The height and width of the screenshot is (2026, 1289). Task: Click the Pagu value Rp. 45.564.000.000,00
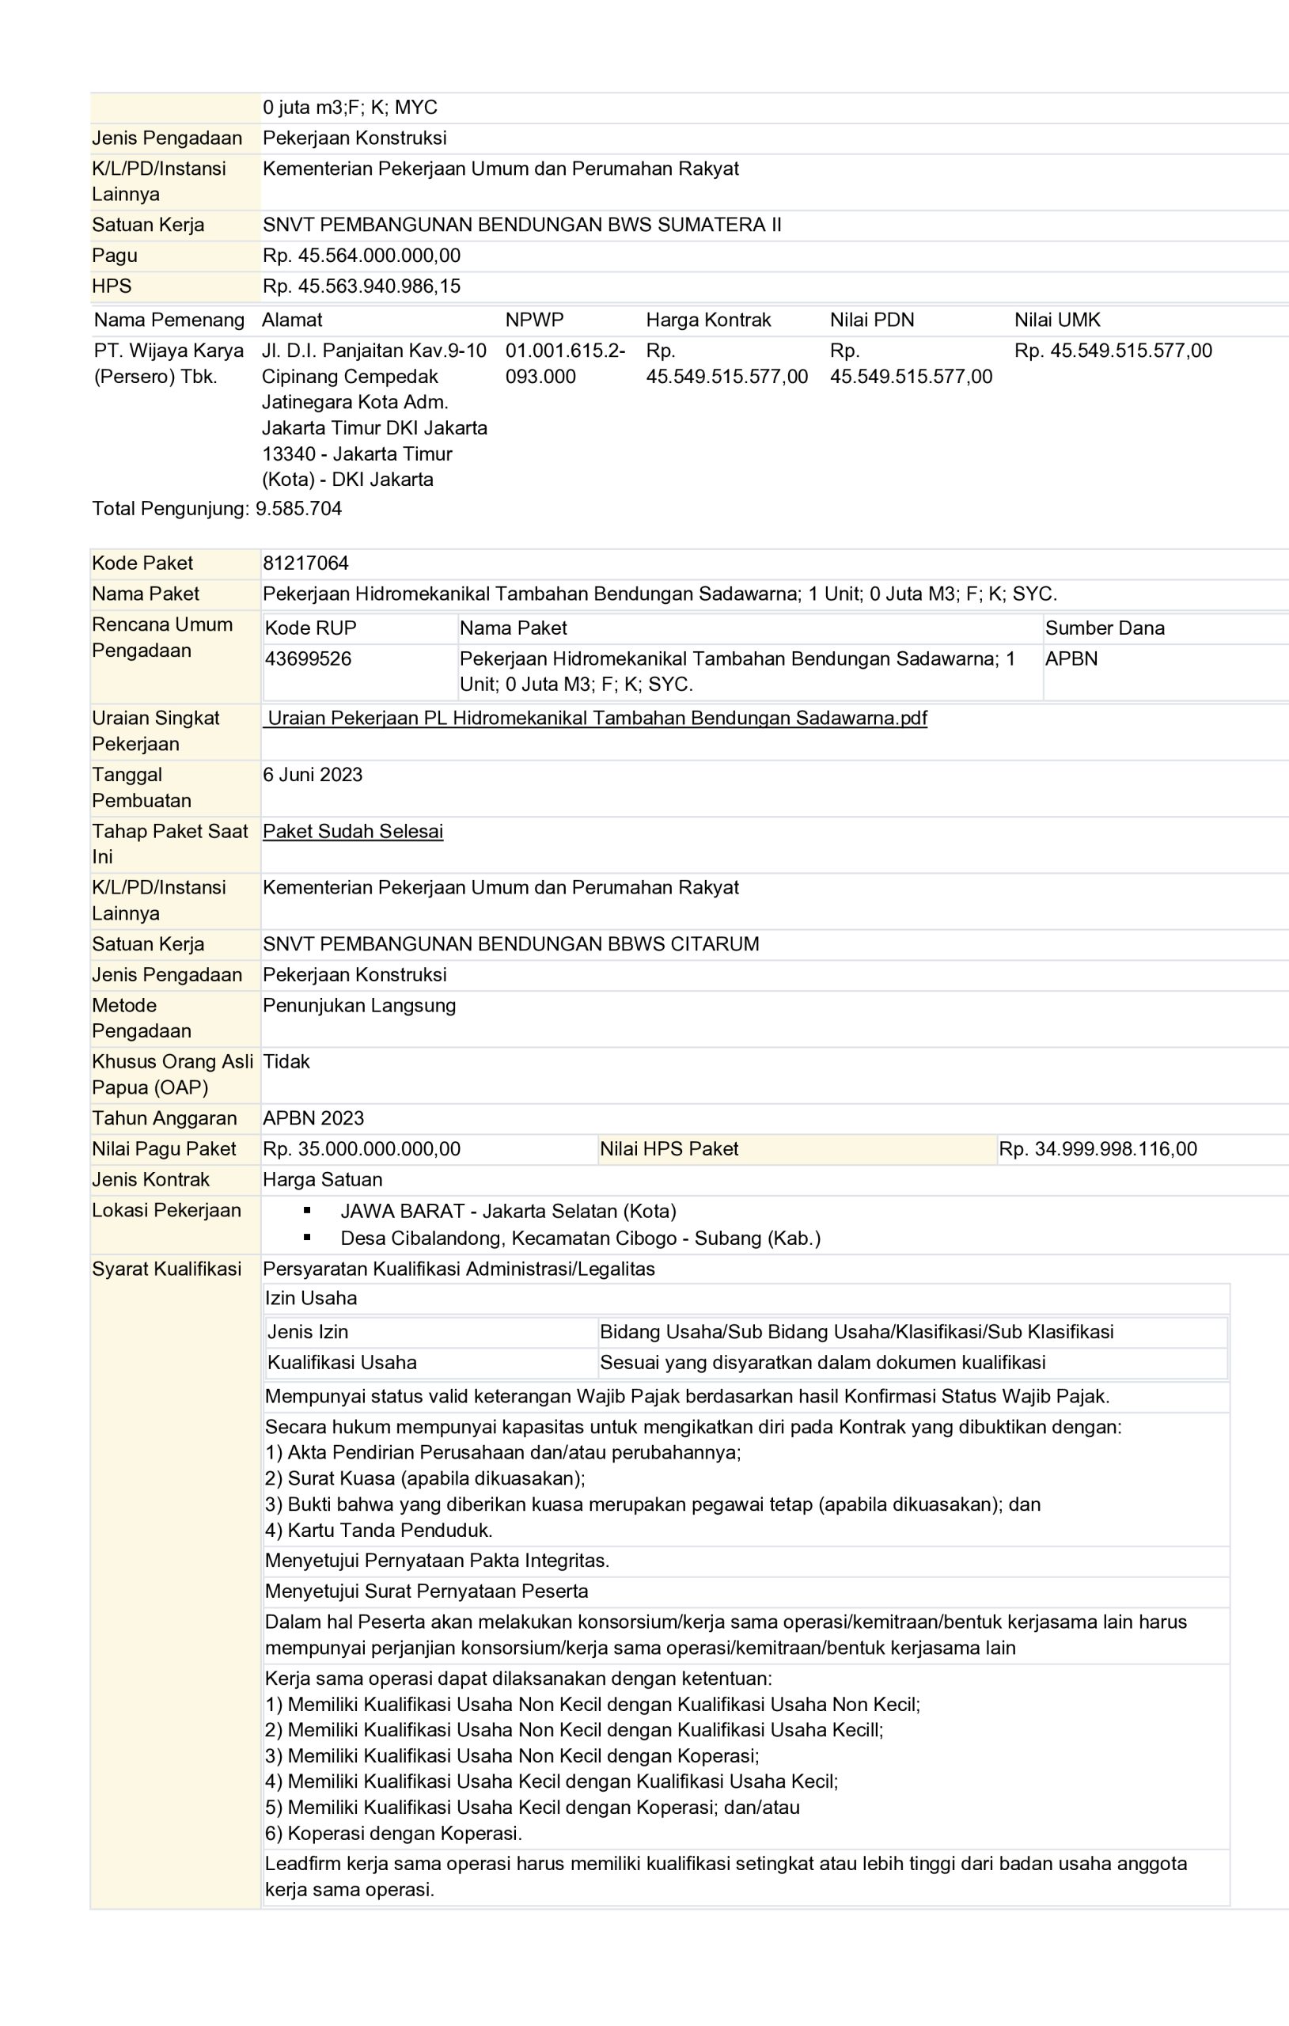(362, 256)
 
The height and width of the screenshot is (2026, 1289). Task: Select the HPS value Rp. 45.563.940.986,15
(362, 286)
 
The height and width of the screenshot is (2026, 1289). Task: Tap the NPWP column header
(534, 320)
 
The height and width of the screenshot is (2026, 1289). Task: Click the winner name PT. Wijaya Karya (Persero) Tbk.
(169, 363)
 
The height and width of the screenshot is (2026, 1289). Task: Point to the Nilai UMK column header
(1057, 320)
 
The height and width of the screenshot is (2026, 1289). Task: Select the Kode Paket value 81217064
(305, 563)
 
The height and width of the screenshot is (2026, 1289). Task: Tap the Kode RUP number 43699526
(308, 658)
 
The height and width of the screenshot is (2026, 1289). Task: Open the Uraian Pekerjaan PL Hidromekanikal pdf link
(597, 719)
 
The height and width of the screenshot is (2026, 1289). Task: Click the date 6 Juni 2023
(312, 775)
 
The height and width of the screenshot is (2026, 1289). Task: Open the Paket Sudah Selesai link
(353, 831)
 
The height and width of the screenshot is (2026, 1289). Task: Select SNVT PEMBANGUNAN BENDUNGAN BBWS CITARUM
(510, 944)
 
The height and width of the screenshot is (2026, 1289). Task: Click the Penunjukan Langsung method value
(359, 1005)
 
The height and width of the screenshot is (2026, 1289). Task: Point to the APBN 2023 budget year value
(313, 1118)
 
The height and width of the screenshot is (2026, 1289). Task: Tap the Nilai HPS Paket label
(669, 1149)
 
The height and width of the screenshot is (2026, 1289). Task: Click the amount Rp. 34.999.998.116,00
(1098, 1149)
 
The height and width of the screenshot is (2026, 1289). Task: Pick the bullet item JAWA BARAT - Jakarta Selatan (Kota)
(508, 1212)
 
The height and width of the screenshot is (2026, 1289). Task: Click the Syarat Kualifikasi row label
(167, 1269)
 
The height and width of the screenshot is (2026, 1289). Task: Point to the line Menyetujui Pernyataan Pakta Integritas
(437, 1561)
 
